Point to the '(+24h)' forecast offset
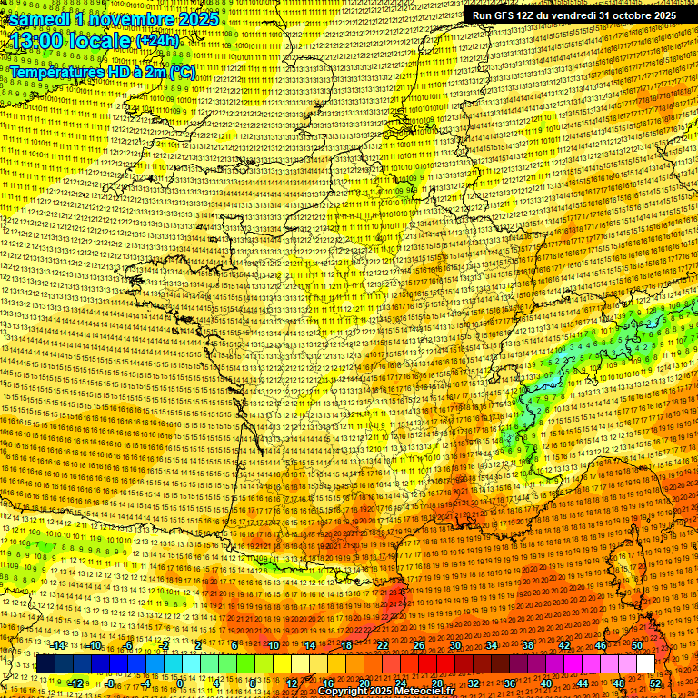point(157,42)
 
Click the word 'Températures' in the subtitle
point(55,72)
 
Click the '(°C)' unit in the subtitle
point(180,72)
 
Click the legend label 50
point(636,645)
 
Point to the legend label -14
point(58,645)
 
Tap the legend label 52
point(655,683)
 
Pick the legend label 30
point(454,645)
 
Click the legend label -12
point(76,683)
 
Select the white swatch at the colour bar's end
point(645,664)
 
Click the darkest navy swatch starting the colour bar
point(45,664)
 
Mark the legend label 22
point(382,645)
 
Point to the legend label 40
point(546,683)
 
